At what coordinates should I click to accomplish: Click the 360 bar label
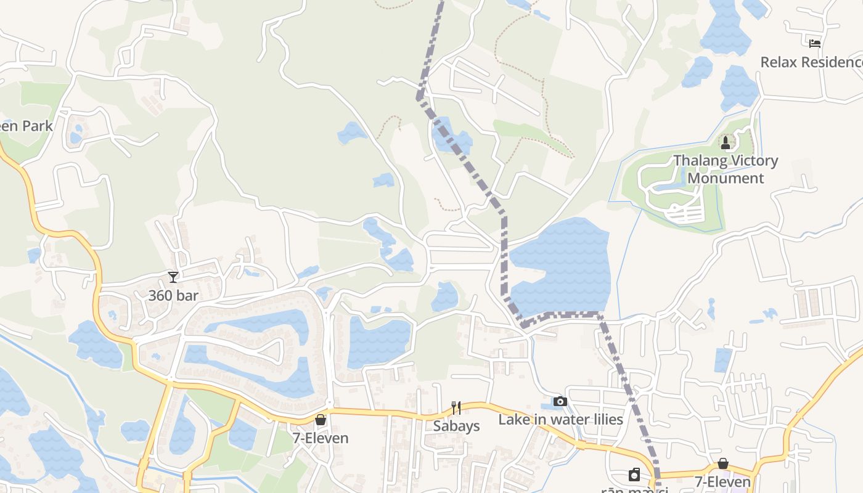pos(173,296)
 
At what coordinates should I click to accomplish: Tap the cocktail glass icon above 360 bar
pos(173,277)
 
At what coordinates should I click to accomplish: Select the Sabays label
pos(456,426)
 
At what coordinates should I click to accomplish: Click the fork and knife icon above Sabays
pos(456,407)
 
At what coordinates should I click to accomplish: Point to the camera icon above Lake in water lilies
pos(560,402)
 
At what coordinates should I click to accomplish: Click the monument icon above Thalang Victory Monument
pos(726,143)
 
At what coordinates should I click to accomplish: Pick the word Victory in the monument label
pos(753,161)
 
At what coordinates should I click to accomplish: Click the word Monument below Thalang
pos(726,178)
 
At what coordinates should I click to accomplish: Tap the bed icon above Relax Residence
pos(815,44)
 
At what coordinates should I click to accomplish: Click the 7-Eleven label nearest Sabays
pos(321,438)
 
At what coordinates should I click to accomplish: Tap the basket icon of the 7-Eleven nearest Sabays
pos(321,420)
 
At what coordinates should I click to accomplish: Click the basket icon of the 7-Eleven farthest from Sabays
pos(723,463)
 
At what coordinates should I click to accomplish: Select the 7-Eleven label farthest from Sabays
pos(722,481)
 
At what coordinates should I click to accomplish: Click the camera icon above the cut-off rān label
pos(634,475)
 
